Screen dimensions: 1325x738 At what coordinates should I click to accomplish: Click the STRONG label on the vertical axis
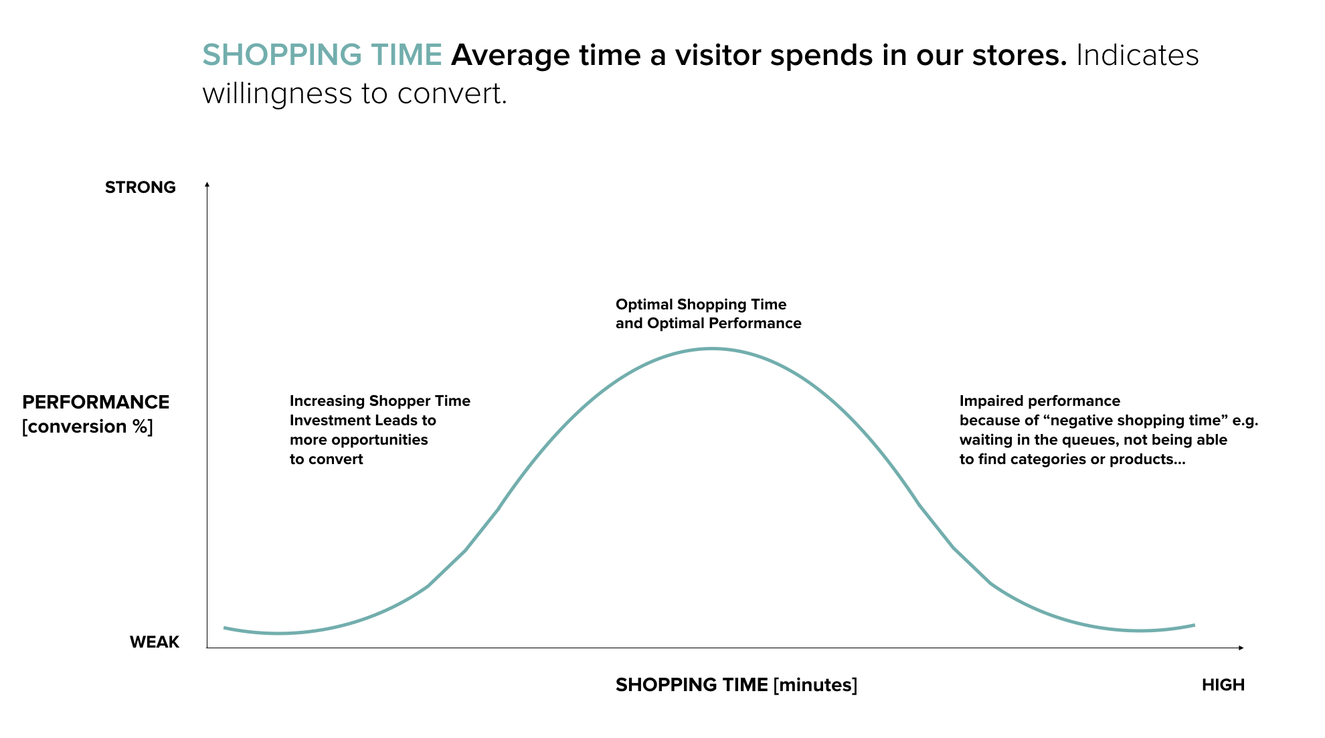click(x=141, y=188)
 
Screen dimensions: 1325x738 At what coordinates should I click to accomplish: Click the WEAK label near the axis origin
click(x=155, y=642)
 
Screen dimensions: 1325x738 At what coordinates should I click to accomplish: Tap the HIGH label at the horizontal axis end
click(x=1223, y=685)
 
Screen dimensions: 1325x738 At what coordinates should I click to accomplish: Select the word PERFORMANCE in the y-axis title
click(x=96, y=402)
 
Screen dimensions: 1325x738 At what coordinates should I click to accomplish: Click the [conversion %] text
click(x=88, y=427)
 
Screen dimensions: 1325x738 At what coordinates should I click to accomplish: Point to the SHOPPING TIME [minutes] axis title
click(x=736, y=685)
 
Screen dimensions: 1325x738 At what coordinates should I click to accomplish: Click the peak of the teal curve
click(x=713, y=348)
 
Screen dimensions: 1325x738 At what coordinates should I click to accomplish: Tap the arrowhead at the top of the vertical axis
click(x=207, y=183)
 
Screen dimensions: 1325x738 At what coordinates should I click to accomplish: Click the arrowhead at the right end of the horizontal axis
click(x=1241, y=648)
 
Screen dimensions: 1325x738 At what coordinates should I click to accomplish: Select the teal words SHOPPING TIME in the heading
click(x=322, y=55)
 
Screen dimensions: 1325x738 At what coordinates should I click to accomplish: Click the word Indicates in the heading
click(x=1138, y=55)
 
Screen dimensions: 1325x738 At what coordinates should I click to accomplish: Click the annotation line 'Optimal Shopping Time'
click(x=701, y=305)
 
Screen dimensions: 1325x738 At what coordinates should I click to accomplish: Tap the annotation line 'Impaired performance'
click(x=1040, y=401)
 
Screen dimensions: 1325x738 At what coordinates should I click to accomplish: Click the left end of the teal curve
click(x=224, y=628)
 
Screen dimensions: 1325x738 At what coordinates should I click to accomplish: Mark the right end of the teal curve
click(x=1195, y=625)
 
